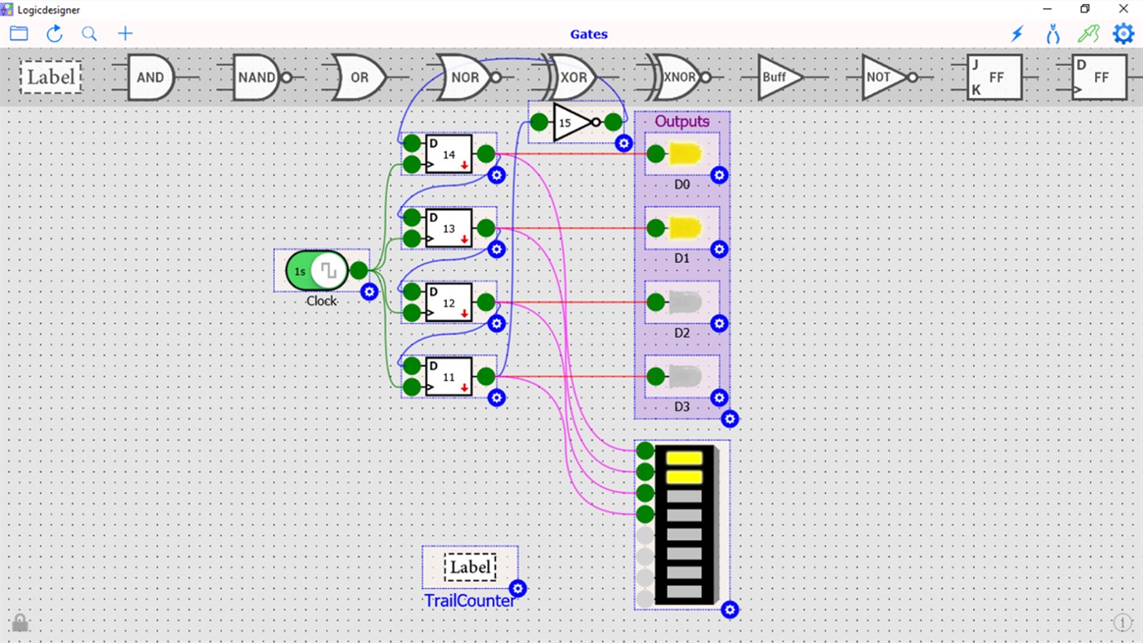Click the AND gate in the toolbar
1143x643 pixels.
click(x=150, y=78)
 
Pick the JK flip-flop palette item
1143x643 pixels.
click(x=993, y=78)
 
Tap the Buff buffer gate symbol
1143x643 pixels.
click(x=777, y=78)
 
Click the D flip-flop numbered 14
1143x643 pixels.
click(x=449, y=154)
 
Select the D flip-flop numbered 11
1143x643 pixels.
click(x=449, y=377)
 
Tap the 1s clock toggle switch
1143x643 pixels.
click(x=317, y=270)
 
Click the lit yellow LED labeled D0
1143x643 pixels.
click(x=685, y=154)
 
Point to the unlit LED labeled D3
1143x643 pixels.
click(x=685, y=377)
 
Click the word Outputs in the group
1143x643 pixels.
click(x=681, y=122)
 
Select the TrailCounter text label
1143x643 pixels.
click(x=470, y=601)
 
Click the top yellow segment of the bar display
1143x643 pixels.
click(x=684, y=458)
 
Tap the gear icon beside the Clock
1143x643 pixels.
click(x=369, y=292)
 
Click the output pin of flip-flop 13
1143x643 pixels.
click(x=485, y=228)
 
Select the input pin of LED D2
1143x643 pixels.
click(x=655, y=302)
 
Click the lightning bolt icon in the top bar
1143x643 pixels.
click(x=1017, y=33)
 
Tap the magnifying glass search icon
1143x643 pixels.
click(x=89, y=33)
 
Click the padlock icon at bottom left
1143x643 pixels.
click(x=20, y=623)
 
